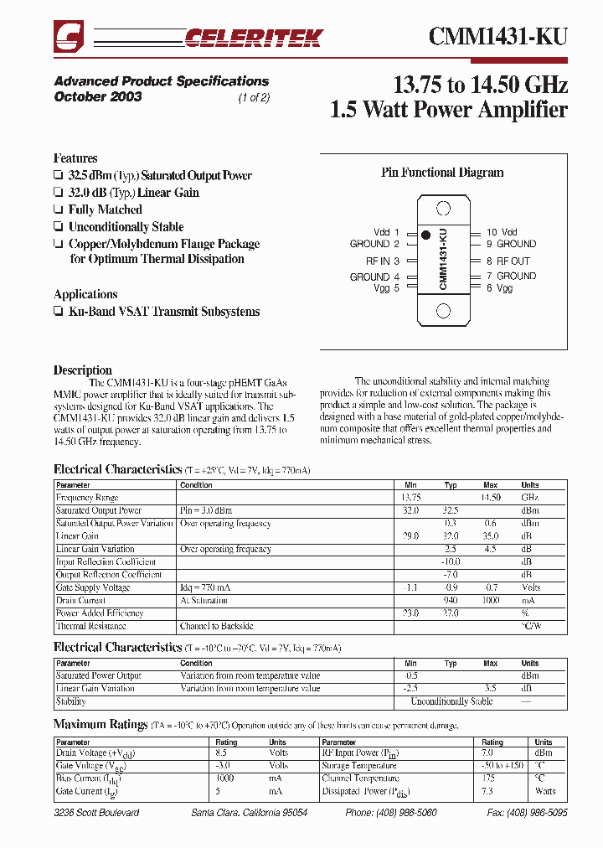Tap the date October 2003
(x=98, y=96)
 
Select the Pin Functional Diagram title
(x=442, y=173)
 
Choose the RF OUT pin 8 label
(x=508, y=261)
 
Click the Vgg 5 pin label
(x=386, y=288)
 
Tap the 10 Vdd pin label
(x=502, y=232)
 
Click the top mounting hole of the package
(x=444, y=208)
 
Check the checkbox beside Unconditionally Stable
(x=58, y=227)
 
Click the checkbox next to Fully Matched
(x=58, y=210)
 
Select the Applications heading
(x=85, y=294)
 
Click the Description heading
(x=82, y=370)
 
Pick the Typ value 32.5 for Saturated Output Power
(x=451, y=510)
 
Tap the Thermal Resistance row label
(x=91, y=626)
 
